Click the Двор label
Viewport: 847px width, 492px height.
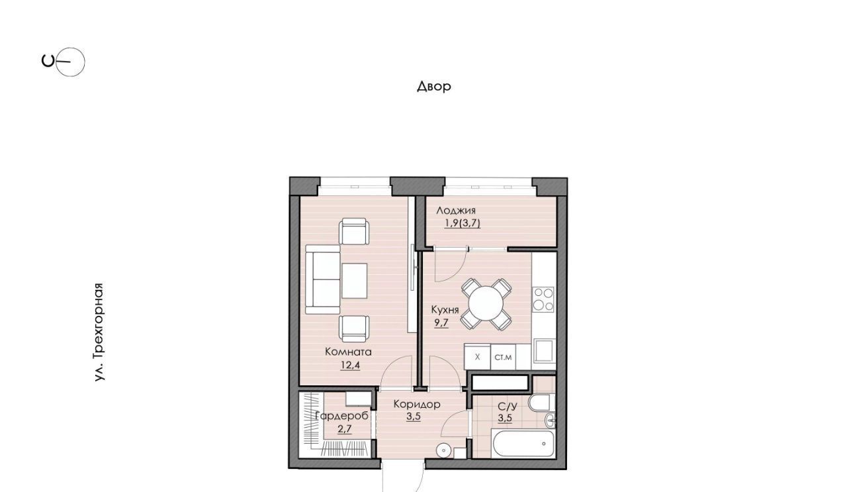point(434,86)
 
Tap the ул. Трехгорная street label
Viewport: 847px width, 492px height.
point(99,332)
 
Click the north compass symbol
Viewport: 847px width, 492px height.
point(64,62)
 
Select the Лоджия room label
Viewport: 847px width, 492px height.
point(456,211)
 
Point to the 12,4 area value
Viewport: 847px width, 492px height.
point(350,366)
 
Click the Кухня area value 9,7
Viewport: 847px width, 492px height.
point(441,323)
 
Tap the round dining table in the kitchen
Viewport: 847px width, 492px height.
point(486,303)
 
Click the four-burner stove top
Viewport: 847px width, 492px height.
point(543,299)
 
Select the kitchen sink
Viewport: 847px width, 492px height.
point(544,351)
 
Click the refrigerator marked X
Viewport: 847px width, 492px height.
point(477,356)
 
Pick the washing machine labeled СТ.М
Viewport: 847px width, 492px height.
point(504,357)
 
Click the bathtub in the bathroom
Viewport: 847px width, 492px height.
point(523,443)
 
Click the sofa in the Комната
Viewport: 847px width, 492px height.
point(322,279)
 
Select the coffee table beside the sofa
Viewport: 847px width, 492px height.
point(354,281)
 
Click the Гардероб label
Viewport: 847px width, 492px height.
point(341,416)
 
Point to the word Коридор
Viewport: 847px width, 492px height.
point(417,404)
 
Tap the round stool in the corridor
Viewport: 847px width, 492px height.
point(443,450)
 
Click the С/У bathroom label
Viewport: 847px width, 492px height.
point(507,407)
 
